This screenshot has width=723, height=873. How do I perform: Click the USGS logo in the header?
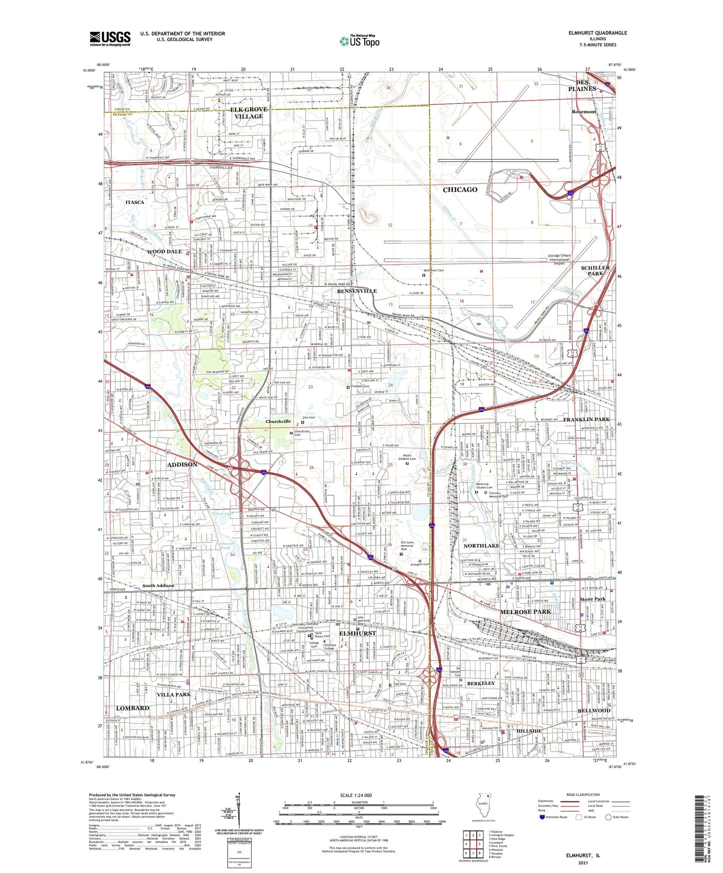(110, 38)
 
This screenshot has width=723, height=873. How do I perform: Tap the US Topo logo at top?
(359, 40)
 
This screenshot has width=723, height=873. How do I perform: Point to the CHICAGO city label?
(460, 189)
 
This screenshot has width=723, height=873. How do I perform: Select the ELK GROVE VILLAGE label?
(249, 112)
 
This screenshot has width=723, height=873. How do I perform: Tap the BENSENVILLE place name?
(357, 290)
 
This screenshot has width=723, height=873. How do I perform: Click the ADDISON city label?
(182, 464)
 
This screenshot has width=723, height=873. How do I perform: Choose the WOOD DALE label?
(164, 251)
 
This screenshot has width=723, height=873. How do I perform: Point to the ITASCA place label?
(135, 202)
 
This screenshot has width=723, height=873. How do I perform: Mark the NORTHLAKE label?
(481, 545)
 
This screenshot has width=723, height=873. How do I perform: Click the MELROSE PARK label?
(525, 611)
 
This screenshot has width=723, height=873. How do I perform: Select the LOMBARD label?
(133, 708)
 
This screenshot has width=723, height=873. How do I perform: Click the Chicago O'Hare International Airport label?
(559, 259)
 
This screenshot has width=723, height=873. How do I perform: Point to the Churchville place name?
(278, 421)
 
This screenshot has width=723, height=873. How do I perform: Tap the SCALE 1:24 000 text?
(356, 795)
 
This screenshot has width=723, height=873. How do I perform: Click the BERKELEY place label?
(481, 683)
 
